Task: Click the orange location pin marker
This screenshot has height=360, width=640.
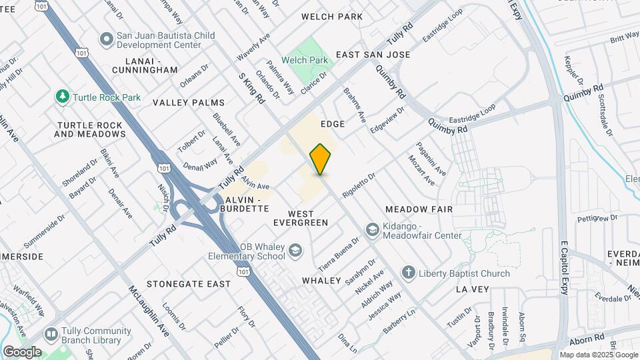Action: (320, 159)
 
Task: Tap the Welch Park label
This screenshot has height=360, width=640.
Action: (305, 60)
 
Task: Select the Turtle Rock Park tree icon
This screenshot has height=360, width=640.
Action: (63, 97)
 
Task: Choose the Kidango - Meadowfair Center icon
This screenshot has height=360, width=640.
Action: (371, 230)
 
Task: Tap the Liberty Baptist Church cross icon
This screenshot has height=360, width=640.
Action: (408, 273)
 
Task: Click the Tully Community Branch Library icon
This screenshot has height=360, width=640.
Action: (51, 333)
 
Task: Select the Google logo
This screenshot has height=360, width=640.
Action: (22, 352)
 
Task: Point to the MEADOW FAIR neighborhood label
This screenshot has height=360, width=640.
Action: (419, 209)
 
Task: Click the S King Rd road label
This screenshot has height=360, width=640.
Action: (252, 88)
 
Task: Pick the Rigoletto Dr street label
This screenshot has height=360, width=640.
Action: (359, 185)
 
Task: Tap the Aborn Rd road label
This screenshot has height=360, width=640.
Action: (589, 337)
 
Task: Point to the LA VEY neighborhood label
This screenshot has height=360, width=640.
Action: (473, 289)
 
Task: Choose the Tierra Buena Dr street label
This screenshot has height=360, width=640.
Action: (342, 254)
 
